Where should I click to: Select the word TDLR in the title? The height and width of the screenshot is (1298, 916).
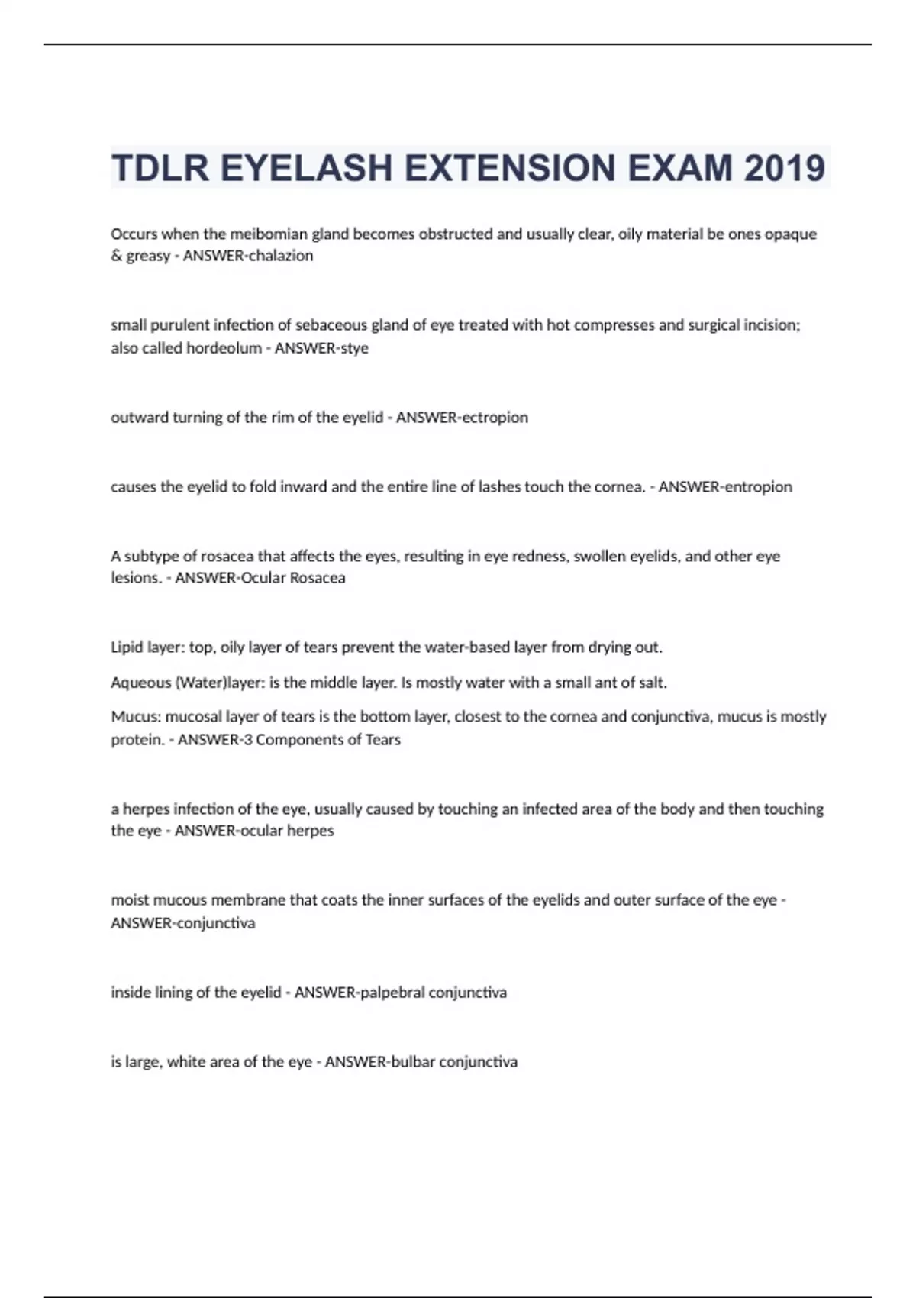[160, 168]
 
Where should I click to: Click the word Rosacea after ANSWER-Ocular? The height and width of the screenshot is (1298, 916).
[314, 578]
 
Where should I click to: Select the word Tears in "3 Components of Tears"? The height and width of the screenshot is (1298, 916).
[382, 740]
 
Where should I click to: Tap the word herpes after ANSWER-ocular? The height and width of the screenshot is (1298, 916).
[310, 831]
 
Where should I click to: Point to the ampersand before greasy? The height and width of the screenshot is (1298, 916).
[117, 256]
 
